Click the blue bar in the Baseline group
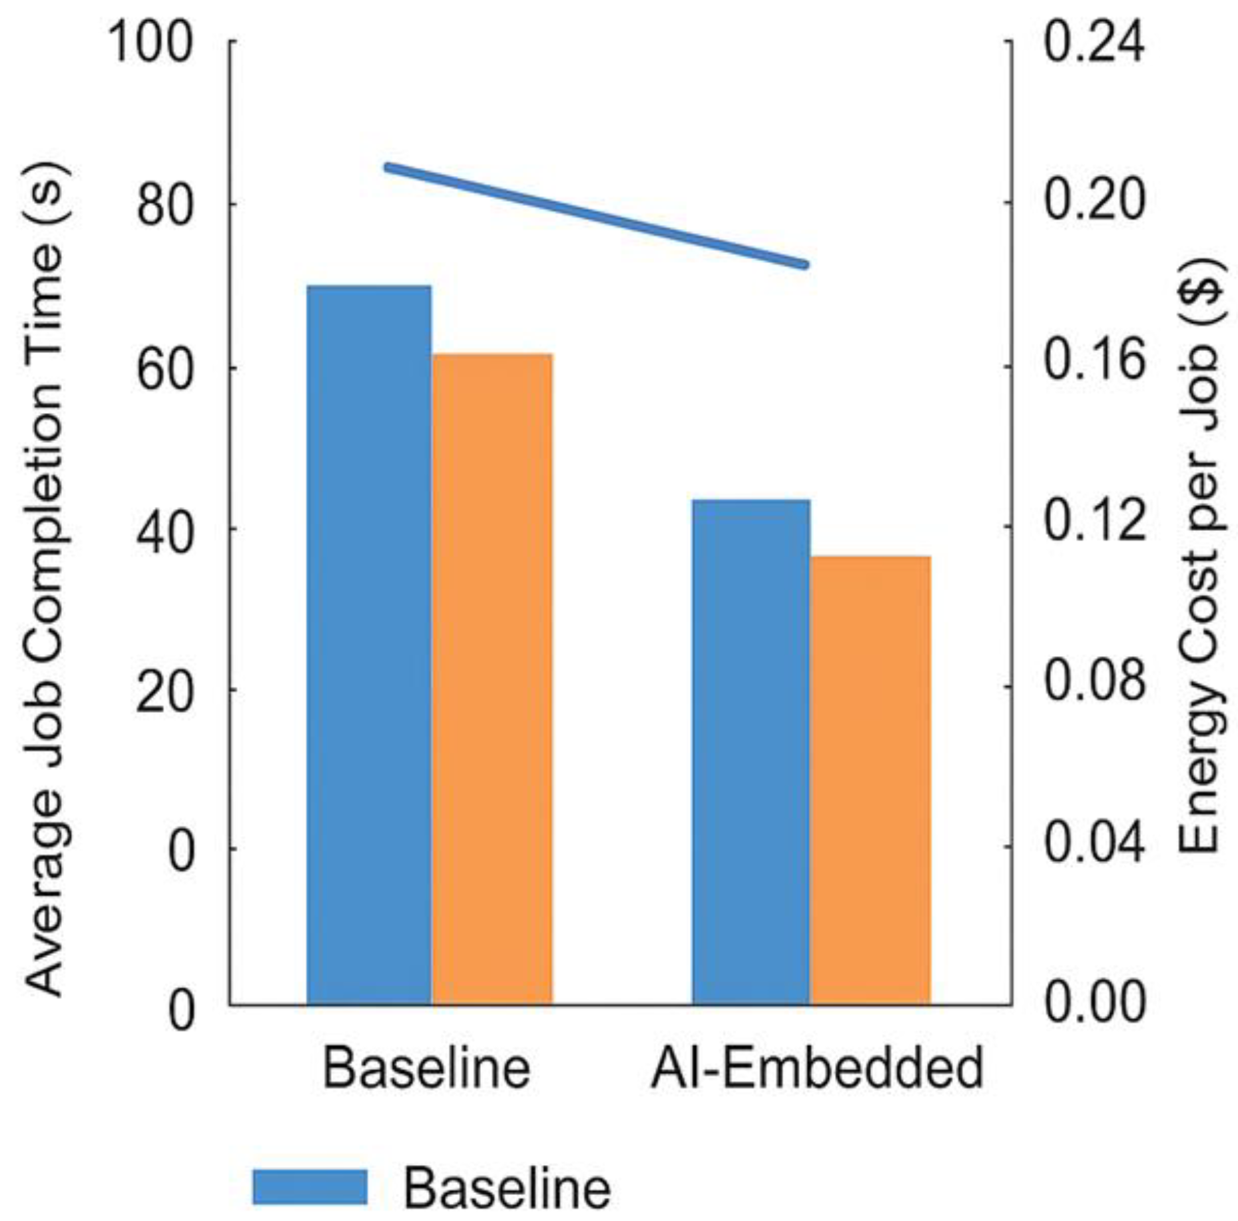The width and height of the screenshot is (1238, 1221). tap(368, 644)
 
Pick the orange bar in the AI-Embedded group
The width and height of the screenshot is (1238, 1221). tap(870, 779)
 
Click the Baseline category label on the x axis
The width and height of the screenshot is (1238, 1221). tap(426, 1068)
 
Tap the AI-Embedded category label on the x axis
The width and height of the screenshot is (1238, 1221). tap(816, 1068)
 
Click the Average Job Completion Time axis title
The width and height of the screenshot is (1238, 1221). tap(45, 580)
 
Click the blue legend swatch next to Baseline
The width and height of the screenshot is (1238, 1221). tap(310, 1186)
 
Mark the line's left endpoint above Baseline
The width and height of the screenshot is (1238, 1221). tap(388, 167)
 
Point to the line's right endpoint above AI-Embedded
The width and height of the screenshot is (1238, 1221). tap(805, 265)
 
